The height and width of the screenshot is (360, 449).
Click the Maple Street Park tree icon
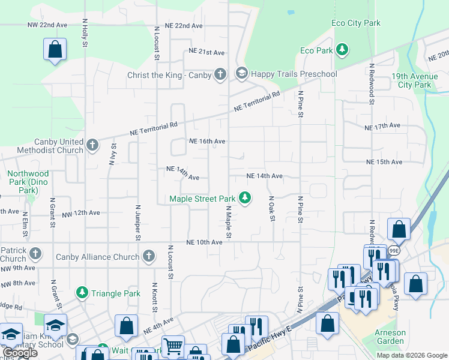(x=244, y=197)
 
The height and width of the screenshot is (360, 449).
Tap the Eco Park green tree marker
(x=342, y=49)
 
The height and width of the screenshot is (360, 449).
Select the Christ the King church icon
(x=220, y=74)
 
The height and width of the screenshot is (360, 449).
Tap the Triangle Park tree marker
(x=82, y=292)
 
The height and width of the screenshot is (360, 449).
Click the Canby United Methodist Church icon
(x=92, y=145)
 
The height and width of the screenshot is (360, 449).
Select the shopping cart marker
(x=173, y=346)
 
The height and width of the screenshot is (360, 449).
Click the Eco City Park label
(x=356, y=23)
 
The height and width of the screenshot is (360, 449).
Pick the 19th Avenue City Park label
(x=411, y=80)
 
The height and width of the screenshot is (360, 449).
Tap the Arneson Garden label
(x=390, y=337)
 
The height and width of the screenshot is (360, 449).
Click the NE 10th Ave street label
(x=204, y=242)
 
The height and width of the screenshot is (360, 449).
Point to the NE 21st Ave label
(x=206, y=52)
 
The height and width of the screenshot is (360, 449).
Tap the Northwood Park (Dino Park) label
(x=28, y=182)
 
